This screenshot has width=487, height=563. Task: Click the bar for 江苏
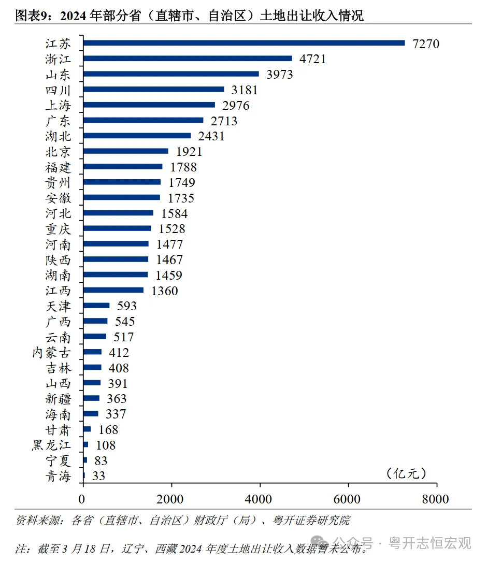click(244, 43)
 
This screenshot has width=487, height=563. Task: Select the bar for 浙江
click(188, 59)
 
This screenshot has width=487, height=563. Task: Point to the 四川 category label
click(58, 90)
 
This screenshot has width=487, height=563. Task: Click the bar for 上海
click(149, 105)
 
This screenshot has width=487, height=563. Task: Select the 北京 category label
click(58, 152)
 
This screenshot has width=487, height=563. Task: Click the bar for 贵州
click(122, 182)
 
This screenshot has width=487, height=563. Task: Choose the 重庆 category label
click(58, 229)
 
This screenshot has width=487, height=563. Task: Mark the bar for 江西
click(113, 290)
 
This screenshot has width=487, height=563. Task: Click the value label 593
click(126, 306)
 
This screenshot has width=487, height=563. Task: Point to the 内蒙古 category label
click(51, 353)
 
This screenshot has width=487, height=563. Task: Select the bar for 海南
click(91, 414)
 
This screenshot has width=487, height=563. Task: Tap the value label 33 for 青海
click(98, 476)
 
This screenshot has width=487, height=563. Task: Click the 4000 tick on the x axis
click(260, 499)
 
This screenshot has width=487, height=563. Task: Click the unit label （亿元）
click(406, 473)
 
